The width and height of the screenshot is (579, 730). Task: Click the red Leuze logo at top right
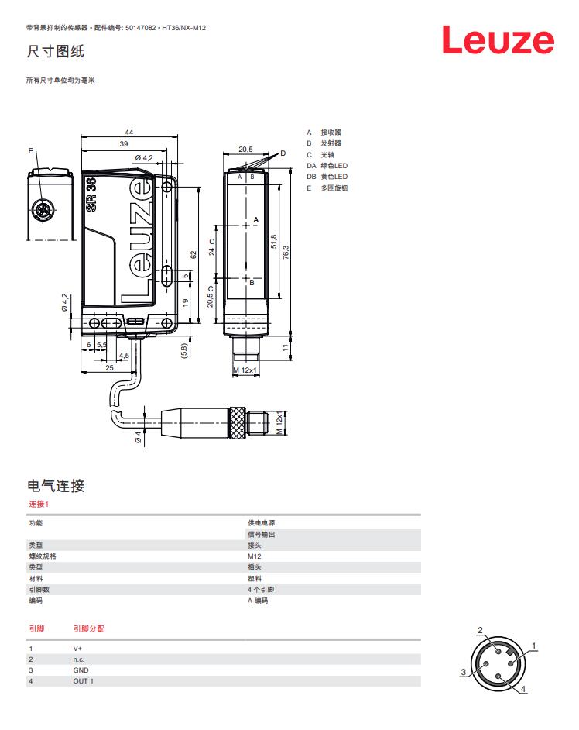[x=498, y=40]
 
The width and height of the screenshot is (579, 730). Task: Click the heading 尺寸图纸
[x=55, y=52]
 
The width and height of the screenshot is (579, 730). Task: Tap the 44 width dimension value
[x=129, y=133]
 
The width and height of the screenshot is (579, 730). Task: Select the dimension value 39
[x=124, y=144]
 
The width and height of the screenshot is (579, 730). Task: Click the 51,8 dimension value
[x=274, y=241]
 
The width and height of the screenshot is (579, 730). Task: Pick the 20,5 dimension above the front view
[x=245, y=150]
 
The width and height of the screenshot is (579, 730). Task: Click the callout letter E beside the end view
[x=30, y=150]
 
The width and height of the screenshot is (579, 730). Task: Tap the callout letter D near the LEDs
[x=283, y=153]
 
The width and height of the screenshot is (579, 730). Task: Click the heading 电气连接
[x=56, y=486]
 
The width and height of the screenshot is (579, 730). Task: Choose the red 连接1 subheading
[x=39, y=504]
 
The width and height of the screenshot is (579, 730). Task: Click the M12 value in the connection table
[x=255, y=556]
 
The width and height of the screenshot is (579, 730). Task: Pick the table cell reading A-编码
[x=258, y=600]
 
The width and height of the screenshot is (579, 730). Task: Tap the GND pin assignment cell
[x=81, y=670]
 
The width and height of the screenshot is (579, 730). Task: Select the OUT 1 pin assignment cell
[x=83, y=680]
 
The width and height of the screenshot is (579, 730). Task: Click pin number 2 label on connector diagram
[x=480, y=630]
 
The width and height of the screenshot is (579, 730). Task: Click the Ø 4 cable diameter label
[x=139, y=437]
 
